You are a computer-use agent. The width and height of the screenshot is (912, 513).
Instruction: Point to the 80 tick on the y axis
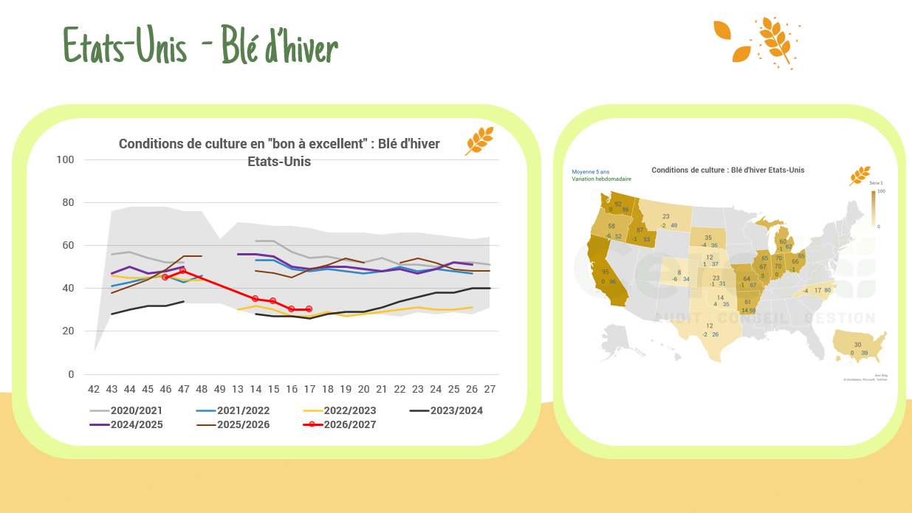click(x=67, y=202)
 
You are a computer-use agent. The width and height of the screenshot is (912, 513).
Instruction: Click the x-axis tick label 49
click(x=219, y=389)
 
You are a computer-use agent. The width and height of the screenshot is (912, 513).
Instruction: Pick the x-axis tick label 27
click(x=490, y=389)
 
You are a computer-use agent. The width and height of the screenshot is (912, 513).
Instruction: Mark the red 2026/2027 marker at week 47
click(x=183, y=270)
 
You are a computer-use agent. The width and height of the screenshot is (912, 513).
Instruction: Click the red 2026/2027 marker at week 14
click(x=256, y=299)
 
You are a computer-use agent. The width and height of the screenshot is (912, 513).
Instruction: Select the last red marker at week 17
click(x=309, y=309)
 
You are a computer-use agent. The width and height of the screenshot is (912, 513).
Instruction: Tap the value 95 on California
click(x=606, y=272)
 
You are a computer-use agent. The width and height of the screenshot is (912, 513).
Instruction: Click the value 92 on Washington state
click(x=618, y=204)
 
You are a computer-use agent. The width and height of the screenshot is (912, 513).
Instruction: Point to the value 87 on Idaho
click(x=640, y=230)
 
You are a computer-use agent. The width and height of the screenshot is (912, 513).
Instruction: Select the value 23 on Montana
click(x=665, y=216)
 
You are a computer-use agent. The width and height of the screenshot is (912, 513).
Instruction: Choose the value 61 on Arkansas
click(x=748, y=302)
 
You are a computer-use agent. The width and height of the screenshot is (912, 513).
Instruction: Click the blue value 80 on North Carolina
click(x=827, y=290)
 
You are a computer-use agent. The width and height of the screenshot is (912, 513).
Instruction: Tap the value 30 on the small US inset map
click(x=857, y=345)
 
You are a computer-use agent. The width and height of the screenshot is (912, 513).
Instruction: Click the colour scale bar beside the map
click(x=873, y=207)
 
